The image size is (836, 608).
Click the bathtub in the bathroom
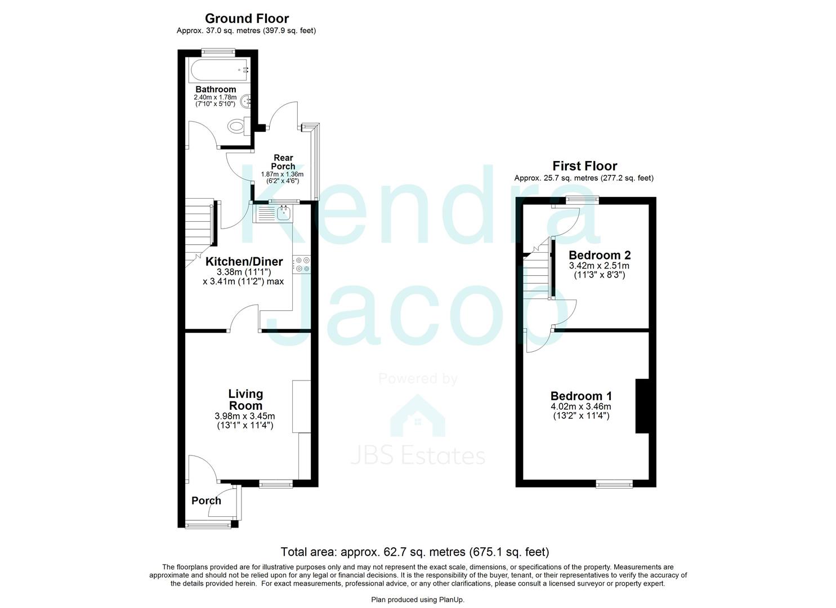pyautogui.click(x=219, y=71)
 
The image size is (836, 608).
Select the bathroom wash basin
pyautogui.click(x=246, y=102)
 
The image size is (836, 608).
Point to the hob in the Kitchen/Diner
pyautogui.click(x=302, y=265)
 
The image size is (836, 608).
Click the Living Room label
pyautogui.click(x=245, y=400)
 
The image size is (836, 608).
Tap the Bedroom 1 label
pyautogui.click(x=581, y=396)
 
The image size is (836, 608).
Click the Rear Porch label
pyautogui.click(x=283, y=162)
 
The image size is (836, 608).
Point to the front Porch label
pyautogui.click(x=206, y=500)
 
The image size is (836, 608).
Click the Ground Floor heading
pyautogui.click(x=247, y=19)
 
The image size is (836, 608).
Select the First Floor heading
pyautogui.click(x=584, y=166)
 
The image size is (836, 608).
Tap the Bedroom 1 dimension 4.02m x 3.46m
pyautogui.click(x=581, y=406)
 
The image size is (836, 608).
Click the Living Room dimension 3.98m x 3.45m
pyautogui.click(x=245, y=416)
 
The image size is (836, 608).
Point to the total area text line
pyautogui.click(x=415, y=552)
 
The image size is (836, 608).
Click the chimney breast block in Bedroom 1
pyautogui.click(x=642, y=406)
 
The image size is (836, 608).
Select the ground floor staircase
pyautogui.click(x=199, y=225)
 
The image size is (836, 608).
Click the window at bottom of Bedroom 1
pyautogui.click(x=614, y=483)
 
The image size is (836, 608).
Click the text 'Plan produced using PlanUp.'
pyautogui.click(x=418, y=600)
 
